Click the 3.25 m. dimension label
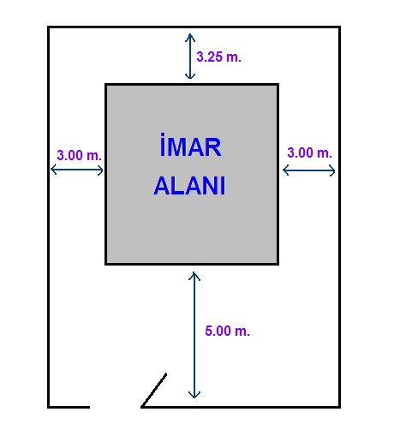(x=218, y=57)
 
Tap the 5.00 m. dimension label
(x=227, y=331)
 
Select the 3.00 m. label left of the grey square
(x=79, y=155)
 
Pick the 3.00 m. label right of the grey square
(x=309, y=152)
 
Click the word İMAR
(x=190, y=145)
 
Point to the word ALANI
(x=189, y=186)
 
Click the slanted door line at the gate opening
(x=154, y=390)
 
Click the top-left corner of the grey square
(x=106, y=85)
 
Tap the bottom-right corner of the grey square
(x=278, y=264)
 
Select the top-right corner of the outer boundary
(x=339, y=27)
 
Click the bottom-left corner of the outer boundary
(x=48, y=407)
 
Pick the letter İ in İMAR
(x=162, y=145)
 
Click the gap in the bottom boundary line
(x=116, y=407)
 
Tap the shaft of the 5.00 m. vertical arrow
(x=194, y=335)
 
